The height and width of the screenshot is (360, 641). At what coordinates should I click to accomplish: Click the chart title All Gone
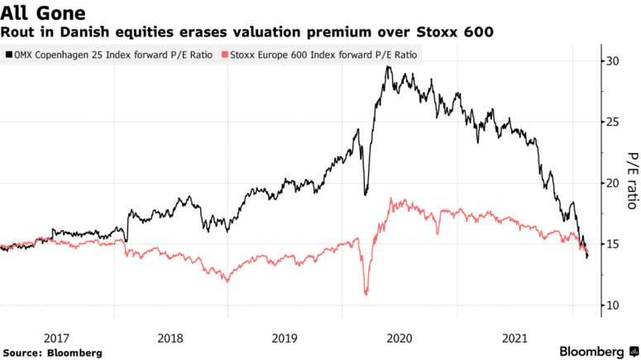(x=43, y=12)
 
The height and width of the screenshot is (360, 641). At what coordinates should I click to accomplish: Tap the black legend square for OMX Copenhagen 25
(x=8, y=55)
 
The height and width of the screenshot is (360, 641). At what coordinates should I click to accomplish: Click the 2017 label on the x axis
(x=55, y=337)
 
